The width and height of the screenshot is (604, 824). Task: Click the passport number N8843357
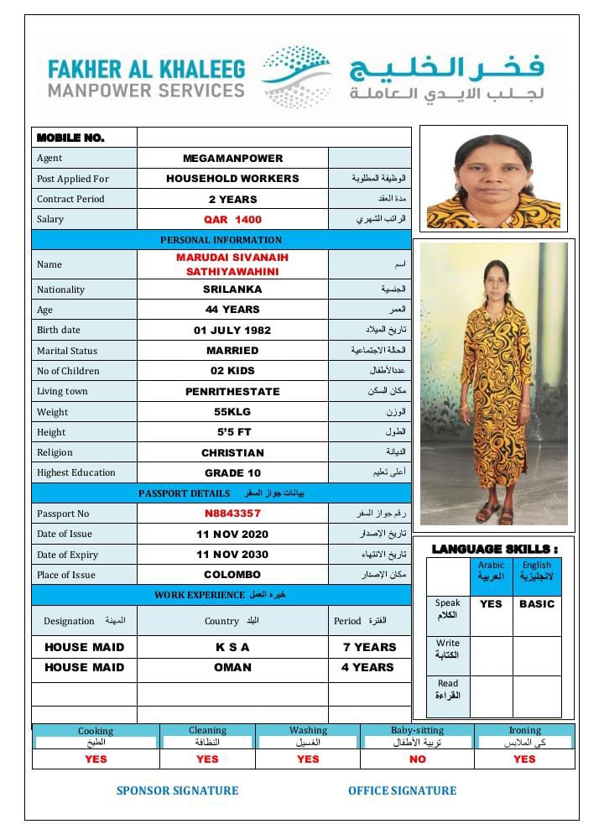[232, 514]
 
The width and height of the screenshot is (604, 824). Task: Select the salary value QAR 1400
[232, 220]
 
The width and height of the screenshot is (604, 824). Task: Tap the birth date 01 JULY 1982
[232, 331]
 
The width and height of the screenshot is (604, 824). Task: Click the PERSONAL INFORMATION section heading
[221, 240]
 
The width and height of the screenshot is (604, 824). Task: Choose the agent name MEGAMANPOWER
[232, 158]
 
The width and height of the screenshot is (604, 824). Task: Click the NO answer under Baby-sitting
[417, 759]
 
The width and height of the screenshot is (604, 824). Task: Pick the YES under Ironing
[524, 759]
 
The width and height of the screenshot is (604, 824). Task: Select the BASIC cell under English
[537, 603]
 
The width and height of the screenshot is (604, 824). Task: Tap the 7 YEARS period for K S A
[369, 647]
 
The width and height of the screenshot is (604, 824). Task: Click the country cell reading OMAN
[232, 667]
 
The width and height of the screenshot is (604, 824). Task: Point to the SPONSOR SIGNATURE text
[177, 790]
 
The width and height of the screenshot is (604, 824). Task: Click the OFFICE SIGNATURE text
[403, 790]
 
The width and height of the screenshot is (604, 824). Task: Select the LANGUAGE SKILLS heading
[494, 549]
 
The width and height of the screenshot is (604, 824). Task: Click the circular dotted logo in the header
[297, 77]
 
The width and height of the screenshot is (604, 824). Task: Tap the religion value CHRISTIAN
[232, 452]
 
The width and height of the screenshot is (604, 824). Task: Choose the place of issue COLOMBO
[232, 575]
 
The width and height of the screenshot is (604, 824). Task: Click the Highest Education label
[76, 472]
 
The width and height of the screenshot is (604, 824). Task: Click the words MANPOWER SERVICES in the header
[147, 90]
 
